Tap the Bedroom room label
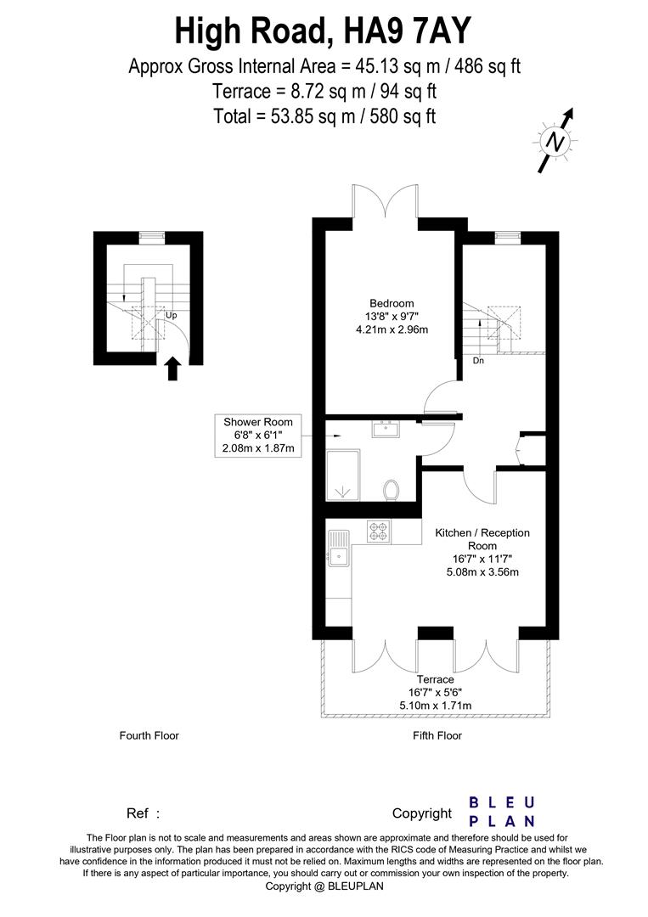[x=392, y=317]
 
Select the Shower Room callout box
[x=258, y=435]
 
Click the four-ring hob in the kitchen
[x=379, y=532]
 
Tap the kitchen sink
[x=337, y=550]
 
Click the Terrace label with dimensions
[x=435, y=692]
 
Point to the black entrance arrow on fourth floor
[x=172, y=368]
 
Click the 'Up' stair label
[x=172, y=315]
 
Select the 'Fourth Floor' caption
[x=149, y=735]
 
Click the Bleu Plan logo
[x=502, y=812]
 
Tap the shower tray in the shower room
[x=343, y=479]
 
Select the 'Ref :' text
[x=143, y=813]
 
